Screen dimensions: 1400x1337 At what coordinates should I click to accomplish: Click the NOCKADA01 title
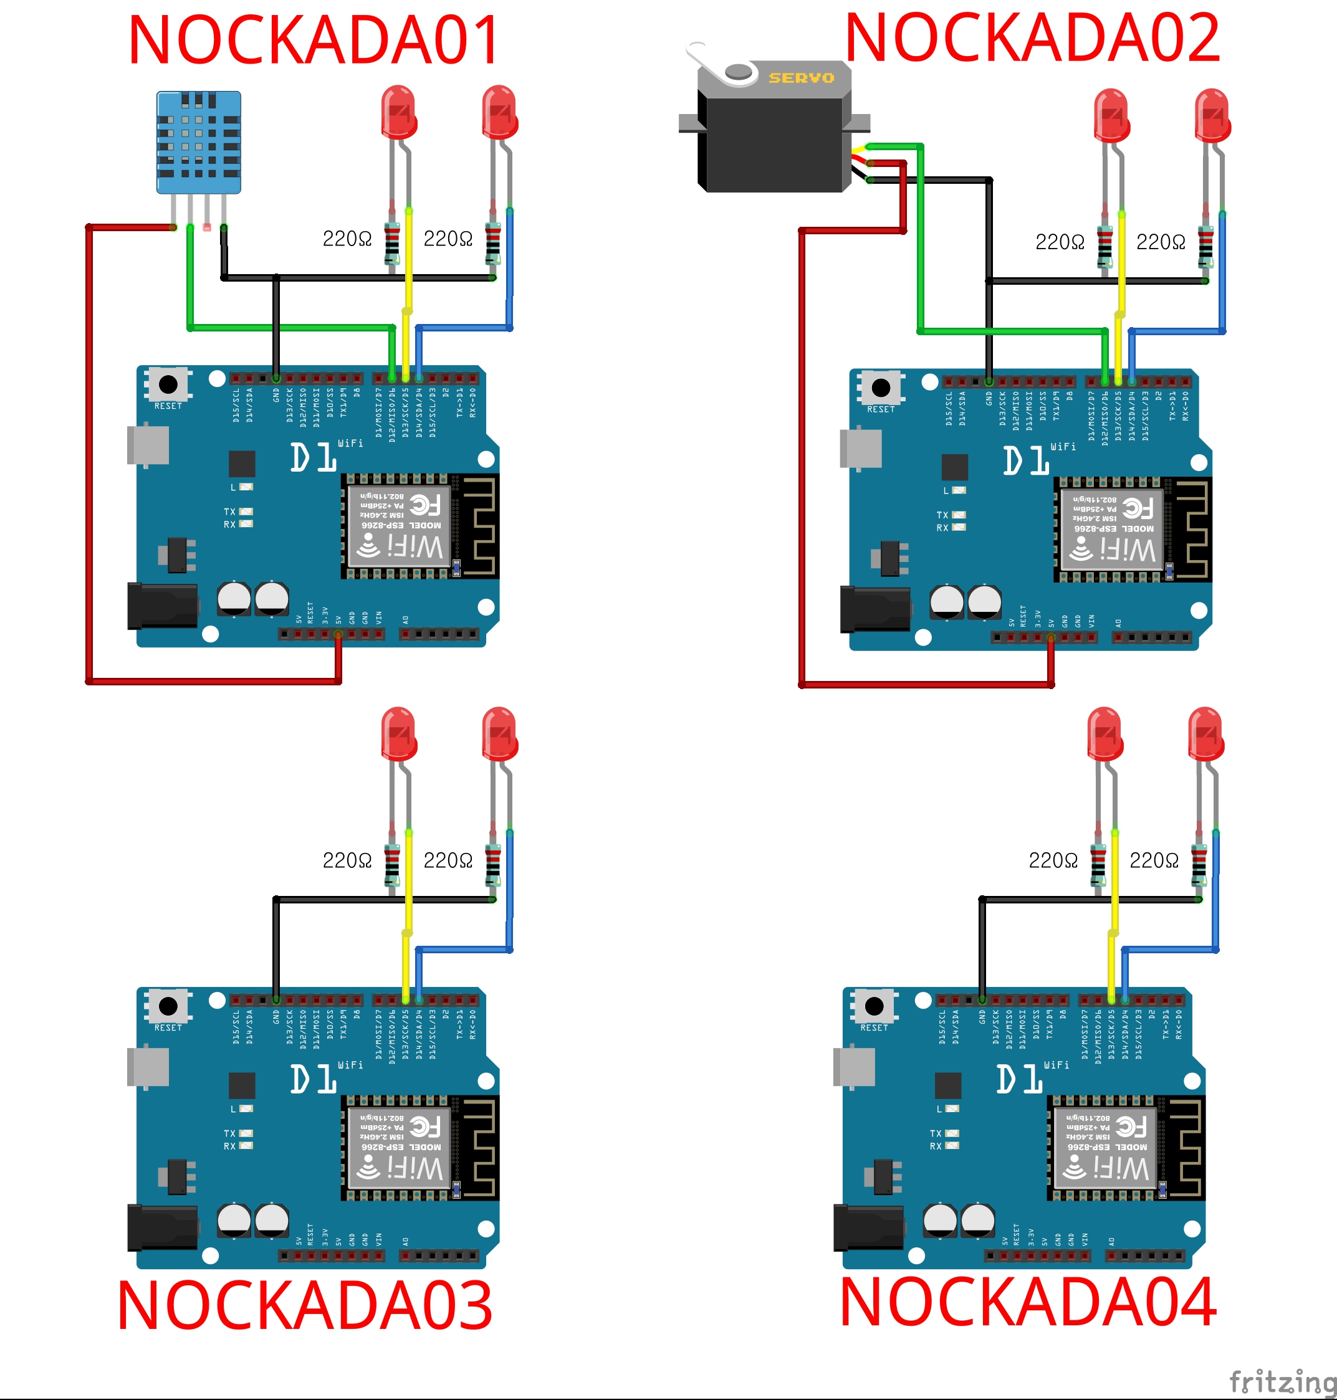(x=314, y=40)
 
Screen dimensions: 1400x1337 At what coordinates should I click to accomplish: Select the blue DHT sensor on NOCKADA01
(x=198, y=143)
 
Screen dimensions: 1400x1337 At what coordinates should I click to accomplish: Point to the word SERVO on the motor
(x=801, y=78)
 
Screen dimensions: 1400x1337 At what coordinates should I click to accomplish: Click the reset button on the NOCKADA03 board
(x=168, y=1006)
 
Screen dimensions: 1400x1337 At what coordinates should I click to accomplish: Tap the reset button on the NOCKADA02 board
(x=881, y=388)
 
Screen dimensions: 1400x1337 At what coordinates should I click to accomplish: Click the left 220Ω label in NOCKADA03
(x=347, y=860)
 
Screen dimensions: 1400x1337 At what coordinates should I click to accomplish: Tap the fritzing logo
(x=1282, y=1381)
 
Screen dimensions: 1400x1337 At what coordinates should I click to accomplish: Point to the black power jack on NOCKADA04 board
(x=868, y=1227)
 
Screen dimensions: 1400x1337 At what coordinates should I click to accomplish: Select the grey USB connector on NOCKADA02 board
(x=861, y=449)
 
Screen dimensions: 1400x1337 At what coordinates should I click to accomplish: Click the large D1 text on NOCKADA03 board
(x=314, y=1079)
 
